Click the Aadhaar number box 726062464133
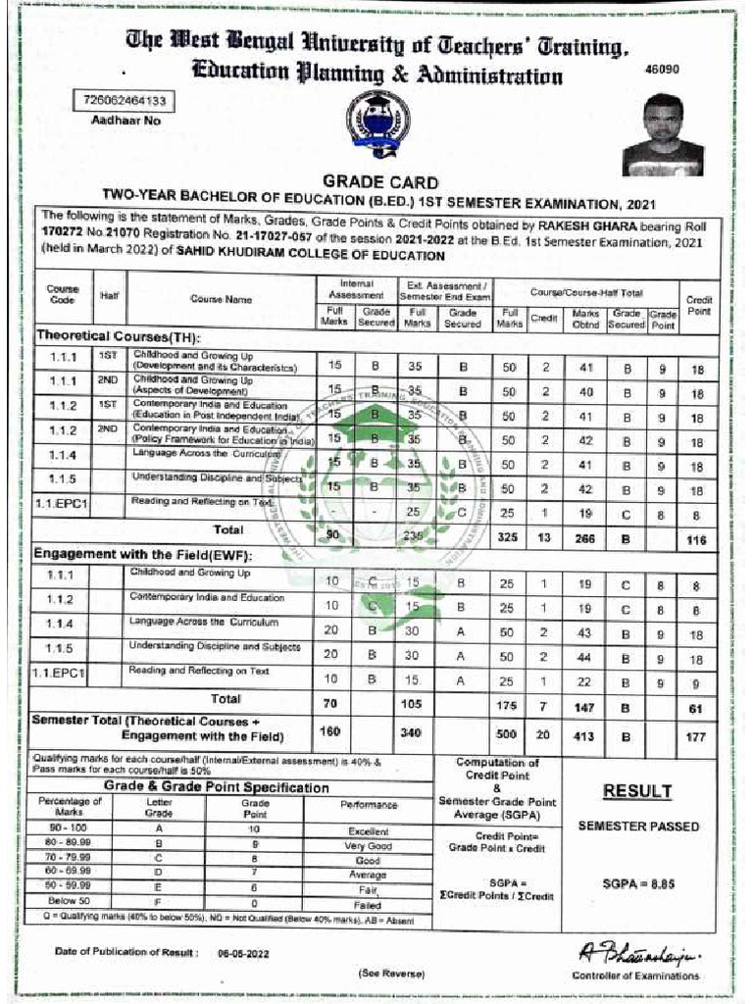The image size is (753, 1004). tap(124, 101)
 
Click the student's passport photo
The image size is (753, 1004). tap(663, 134)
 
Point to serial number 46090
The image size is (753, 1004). tap(662, 70)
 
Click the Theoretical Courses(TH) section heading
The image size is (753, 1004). tap(110, 335)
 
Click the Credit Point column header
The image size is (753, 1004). tap(698, 305)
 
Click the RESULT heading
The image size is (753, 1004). tap(637, 791)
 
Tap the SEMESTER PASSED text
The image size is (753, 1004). tap(638, 827)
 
